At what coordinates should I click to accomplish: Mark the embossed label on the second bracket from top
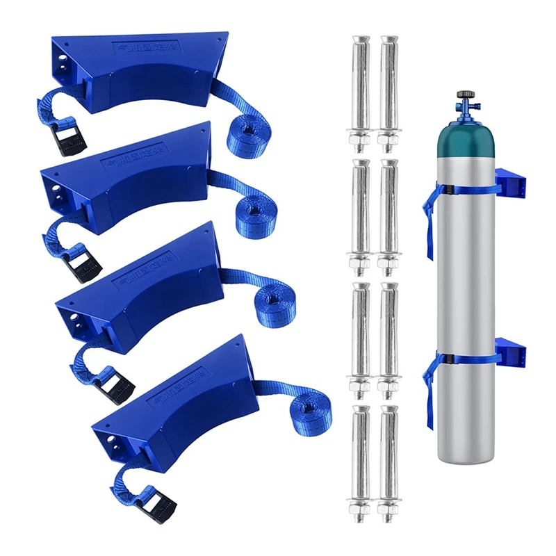[132, 159]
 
